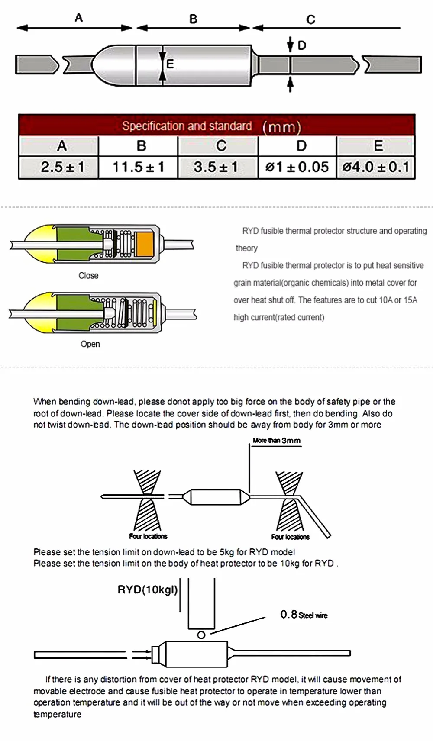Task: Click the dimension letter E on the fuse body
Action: [x=170, y=64]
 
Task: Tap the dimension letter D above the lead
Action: [x=301, y=45]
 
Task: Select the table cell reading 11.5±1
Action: [x=139, y=167]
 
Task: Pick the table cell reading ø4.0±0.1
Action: [x=376, y=167]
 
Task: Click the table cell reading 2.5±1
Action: [x=62, y=167]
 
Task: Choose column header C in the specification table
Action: [x=221, y=145]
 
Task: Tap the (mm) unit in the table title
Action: [x=282, y=127]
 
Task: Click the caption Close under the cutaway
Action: [x=88, y=276]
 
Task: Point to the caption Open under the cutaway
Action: [x=90, y=344]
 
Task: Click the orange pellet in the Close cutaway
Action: [x=145, y=244]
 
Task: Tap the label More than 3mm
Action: [x=277, y=441]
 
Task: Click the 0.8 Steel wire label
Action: [x=304, y=615]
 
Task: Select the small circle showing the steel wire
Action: [x=201, y=635]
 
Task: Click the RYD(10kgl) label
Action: [x=148, y=590]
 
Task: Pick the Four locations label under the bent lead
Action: [x=290, y=537]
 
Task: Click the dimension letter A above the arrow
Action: [x=79, y=18]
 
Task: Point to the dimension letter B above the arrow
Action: [x=193, y=19]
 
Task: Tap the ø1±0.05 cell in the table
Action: [x=297, y=167]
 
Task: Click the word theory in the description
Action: [x=247, y=248]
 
